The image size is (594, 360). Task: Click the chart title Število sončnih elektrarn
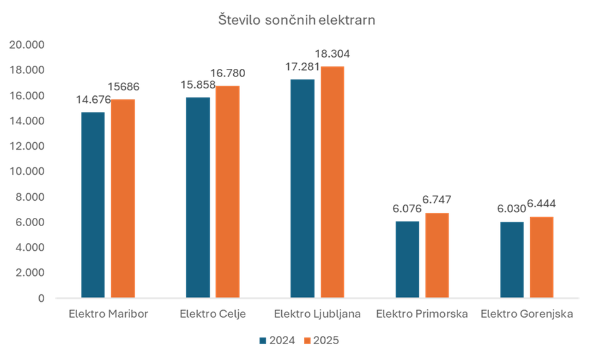[296, 21]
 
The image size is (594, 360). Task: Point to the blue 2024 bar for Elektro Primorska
[408, 258]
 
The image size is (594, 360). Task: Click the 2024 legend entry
[277, 340]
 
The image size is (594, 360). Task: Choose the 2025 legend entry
[321, 340]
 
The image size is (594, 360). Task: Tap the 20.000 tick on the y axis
[27, 45]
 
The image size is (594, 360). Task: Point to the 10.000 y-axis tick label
[27, 171]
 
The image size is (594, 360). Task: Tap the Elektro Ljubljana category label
[318, 314]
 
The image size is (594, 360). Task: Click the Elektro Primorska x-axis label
[421, 314]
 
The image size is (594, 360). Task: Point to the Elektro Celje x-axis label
[213, 314]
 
